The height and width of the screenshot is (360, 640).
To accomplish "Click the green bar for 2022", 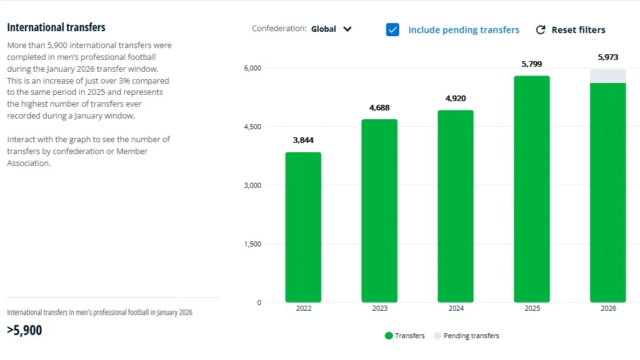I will (303, 227).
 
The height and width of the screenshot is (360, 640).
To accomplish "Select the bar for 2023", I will (379, 211).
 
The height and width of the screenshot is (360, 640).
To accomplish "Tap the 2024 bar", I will (455, 206).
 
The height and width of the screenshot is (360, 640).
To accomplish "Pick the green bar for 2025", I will (531, 189).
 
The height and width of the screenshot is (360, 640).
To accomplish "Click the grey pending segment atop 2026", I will (608, 75).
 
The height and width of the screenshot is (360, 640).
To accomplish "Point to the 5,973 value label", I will (608, 57).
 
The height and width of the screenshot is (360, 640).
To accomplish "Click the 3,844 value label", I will (303, 140).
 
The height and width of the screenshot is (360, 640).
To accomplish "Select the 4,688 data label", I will (379, 108).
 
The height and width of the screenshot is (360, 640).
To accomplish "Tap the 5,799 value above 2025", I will (531, 64).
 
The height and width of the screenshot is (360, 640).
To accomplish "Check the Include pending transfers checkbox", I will (392, 29).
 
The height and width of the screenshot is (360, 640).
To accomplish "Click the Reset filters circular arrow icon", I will (541, 29).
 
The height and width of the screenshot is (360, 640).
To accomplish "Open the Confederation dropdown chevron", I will (347, 29).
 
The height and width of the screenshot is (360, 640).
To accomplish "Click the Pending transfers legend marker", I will (438, 336).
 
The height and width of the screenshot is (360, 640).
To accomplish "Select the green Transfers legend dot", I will (389, 336).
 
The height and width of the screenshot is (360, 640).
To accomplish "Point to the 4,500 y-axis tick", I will (253, 127).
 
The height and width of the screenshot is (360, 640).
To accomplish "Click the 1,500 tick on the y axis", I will (253, 244).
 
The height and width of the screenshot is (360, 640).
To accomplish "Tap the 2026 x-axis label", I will (608, 309).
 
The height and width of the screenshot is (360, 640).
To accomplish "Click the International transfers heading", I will (56, 27).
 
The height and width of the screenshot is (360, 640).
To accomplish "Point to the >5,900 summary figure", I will (25, 331).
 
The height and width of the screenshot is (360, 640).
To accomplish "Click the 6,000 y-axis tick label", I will (253, 68).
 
